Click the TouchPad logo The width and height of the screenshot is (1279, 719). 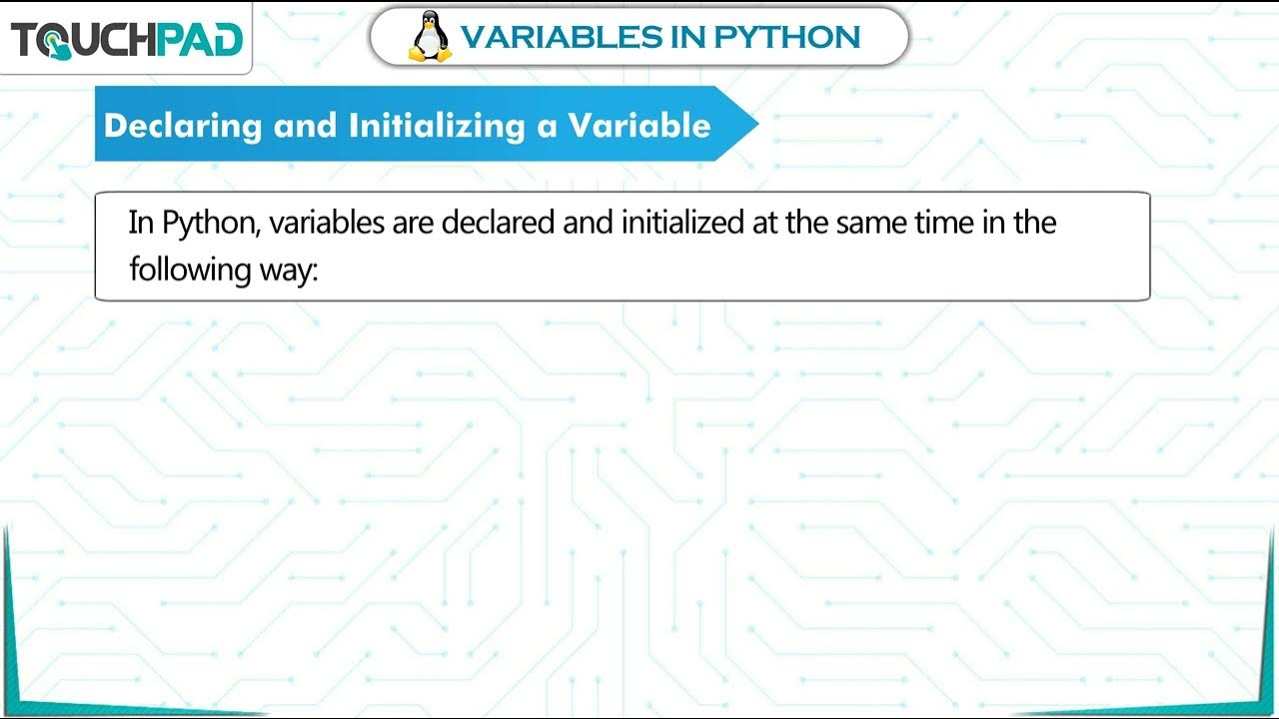126,40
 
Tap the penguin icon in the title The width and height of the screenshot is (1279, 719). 431,37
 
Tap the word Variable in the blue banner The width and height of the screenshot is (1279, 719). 639,126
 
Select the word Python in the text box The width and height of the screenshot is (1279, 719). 211,223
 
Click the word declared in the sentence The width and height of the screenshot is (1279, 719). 498,222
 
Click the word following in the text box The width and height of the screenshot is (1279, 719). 189,270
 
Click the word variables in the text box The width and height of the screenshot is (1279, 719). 328,222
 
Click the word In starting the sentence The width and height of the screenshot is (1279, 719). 141,222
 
